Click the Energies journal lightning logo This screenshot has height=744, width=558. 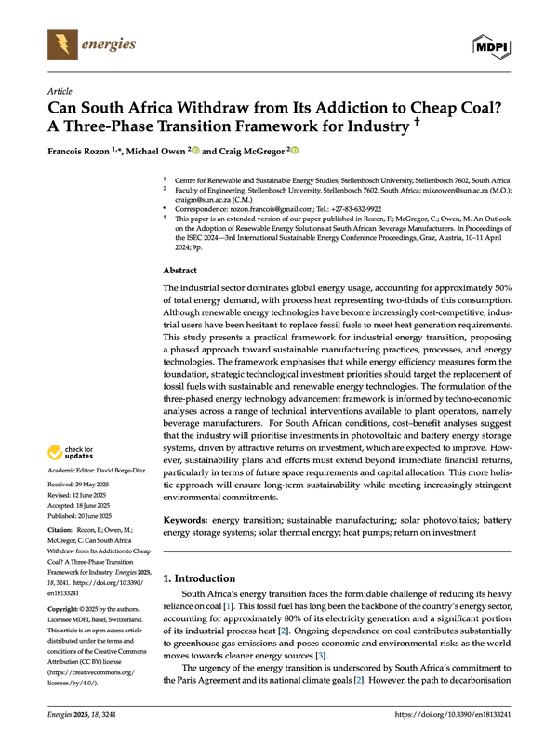[62, 44]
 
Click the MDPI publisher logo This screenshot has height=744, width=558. [492, 46]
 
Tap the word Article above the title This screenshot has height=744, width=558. [60, 91]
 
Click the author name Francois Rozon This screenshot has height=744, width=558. [78, 152]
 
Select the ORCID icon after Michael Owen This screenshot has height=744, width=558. [195, 151]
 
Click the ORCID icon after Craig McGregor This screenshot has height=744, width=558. [295, 151]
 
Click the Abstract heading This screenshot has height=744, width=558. [179, 271]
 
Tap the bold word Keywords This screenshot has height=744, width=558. [185, 520]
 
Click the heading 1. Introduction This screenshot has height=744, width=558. [199, 578]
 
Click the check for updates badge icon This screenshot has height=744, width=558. [55, 453]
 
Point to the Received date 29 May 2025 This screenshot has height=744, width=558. [92, 485]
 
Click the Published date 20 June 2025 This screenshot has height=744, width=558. [94, 516]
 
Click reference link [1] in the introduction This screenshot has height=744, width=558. [229, 606]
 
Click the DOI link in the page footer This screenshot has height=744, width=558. [453, 714]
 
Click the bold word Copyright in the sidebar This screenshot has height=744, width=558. [62, 609]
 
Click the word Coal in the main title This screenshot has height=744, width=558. [479, 108]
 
